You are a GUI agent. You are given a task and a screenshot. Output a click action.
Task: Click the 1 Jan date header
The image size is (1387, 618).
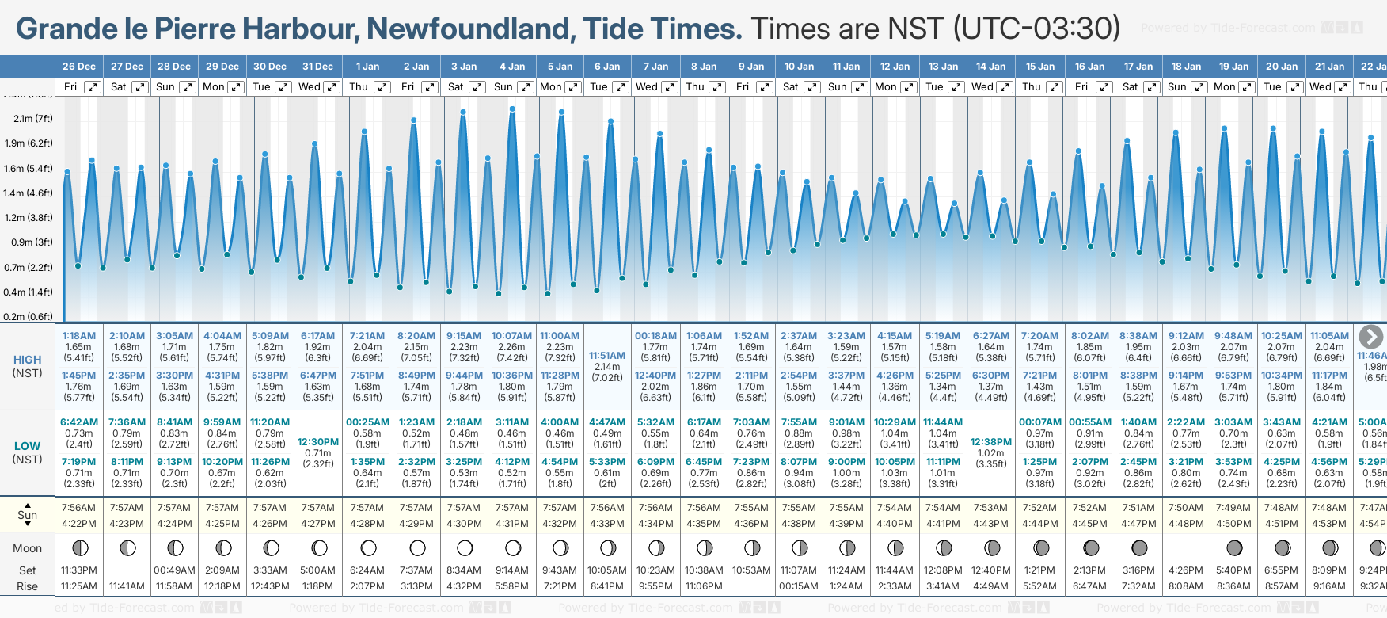(367, 67)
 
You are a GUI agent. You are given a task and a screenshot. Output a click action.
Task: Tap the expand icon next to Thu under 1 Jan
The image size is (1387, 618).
(382, 87)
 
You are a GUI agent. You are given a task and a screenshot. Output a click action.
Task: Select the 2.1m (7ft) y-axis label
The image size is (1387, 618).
(32, 119)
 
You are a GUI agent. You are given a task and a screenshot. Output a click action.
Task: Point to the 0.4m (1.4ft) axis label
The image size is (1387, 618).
(28, 292)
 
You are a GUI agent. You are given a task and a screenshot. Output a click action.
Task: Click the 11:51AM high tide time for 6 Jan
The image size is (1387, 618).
(607, 356)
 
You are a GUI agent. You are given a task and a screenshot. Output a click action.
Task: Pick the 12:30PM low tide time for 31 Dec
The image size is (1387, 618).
(318, 442)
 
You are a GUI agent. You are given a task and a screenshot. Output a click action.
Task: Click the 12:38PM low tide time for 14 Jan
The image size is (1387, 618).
(990, 442)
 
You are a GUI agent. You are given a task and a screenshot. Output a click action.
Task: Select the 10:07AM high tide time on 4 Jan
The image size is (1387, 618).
(511, 336)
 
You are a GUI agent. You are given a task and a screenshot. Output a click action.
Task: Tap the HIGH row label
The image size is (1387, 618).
(28, 360)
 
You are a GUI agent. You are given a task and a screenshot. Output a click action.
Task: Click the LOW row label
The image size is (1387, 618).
(28, 446)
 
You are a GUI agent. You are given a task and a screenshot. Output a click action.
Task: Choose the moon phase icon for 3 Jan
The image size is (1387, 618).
(465, 548)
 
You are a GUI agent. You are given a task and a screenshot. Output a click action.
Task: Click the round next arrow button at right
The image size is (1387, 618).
(1370, 337)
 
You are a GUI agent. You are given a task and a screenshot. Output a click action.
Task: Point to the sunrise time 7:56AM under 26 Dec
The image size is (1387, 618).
(78, 508)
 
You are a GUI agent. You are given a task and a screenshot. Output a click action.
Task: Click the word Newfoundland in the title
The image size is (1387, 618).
(470, 29)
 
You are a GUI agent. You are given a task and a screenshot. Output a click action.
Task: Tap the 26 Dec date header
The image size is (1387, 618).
(78, 67)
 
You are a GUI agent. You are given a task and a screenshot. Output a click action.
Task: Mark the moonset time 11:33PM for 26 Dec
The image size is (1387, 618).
(78, 570)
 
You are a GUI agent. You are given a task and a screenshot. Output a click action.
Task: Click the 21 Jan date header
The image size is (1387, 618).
(1329, 67)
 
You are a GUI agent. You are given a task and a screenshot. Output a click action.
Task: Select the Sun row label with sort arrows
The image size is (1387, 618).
(28, 515)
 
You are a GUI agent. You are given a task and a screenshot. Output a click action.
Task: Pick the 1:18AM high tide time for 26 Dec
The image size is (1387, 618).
(78, 336)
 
